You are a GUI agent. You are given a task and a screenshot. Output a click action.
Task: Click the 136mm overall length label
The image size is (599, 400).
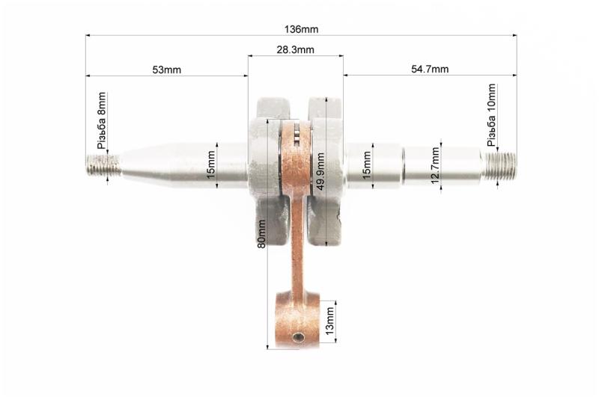click(x=301, y=29)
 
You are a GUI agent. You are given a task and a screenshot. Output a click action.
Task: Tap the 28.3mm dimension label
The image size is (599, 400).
click(x=295, y=49)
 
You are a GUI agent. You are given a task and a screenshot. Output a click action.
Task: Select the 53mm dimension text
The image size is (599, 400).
click(x=166, y=70)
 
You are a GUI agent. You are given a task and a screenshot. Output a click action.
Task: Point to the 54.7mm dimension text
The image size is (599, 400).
click(x=430, y=69)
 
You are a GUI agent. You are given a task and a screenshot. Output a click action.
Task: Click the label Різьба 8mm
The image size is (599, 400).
click(x=102, y=120)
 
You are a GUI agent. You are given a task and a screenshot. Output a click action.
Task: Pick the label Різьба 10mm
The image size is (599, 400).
click(x=491, y=115)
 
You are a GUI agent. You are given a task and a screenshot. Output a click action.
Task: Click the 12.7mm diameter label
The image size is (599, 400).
click(x=435, y=165)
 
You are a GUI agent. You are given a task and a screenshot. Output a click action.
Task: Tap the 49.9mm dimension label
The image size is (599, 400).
click(x=320, y=171)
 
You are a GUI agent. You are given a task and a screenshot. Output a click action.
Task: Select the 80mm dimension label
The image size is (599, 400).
click(x=261, y=234)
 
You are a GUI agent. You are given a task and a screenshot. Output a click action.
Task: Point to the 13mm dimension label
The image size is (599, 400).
click(x=329, y=321)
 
